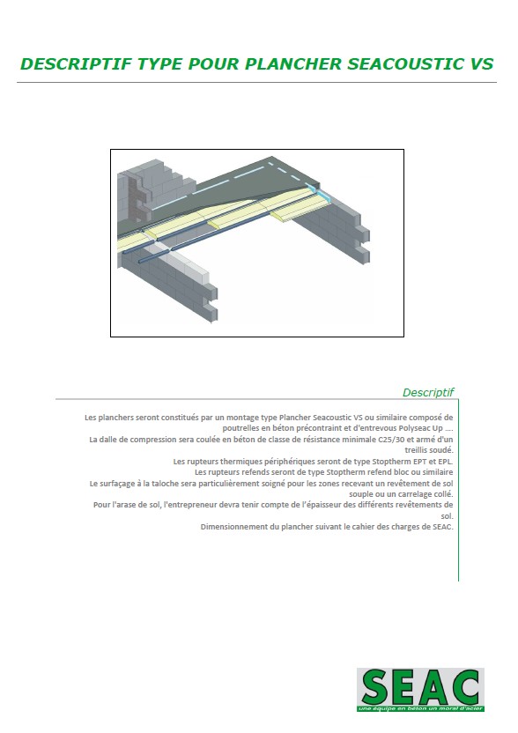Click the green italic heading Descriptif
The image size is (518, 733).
428,393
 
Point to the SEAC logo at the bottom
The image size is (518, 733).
420,690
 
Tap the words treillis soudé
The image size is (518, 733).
429,450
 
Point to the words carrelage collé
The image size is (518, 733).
425,494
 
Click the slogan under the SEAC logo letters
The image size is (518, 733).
420,708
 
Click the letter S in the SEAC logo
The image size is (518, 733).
374,687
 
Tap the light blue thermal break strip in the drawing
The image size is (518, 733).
322,193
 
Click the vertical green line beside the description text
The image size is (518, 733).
459,490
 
